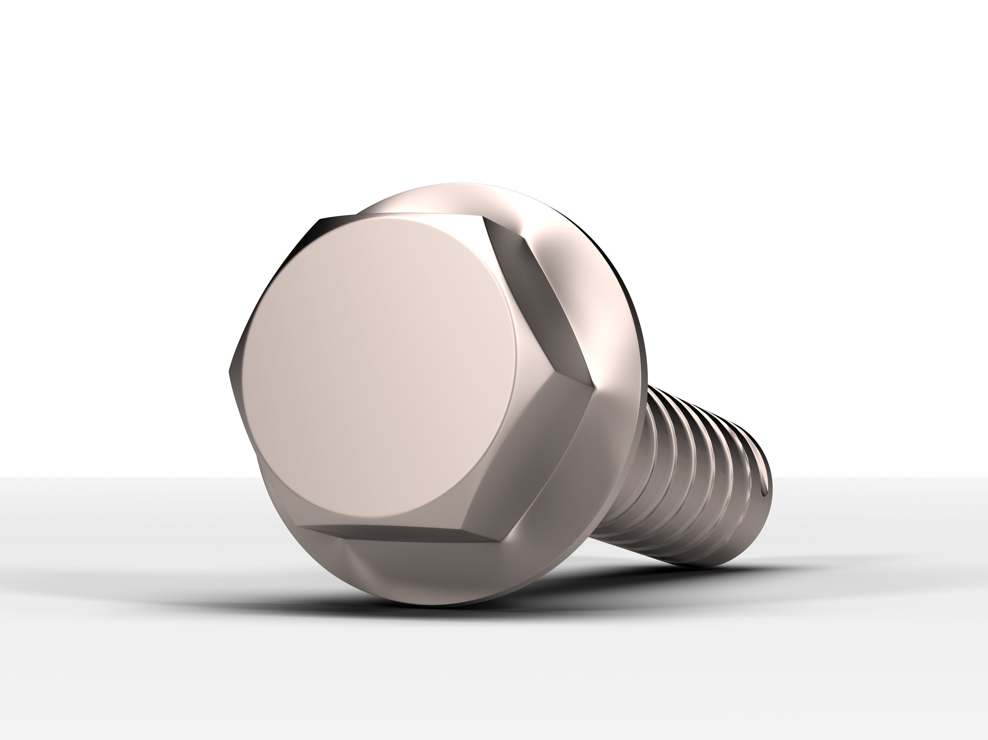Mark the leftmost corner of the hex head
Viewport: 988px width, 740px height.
(x=229, y=370)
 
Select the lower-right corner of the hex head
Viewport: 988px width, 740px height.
(x=500, y=541)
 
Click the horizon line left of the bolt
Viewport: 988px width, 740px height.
(x=112, y=478)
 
